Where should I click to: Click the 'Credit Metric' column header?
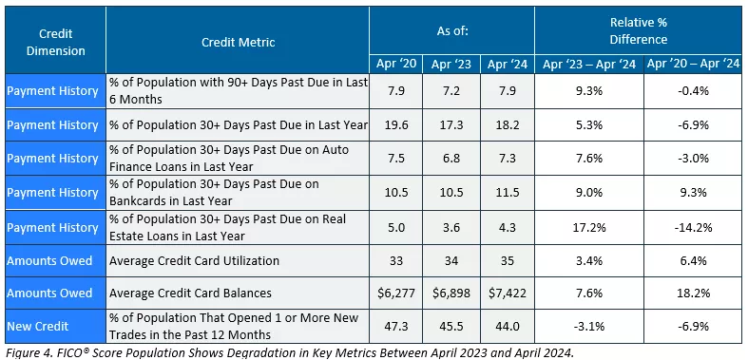237,43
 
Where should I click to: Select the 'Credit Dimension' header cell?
53,43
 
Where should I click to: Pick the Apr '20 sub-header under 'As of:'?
394,65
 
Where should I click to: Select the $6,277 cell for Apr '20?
394,293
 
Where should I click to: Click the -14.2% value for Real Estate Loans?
692,228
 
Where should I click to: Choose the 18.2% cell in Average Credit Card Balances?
692,293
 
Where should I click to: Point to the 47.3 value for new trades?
394,326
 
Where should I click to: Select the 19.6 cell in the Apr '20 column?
394,124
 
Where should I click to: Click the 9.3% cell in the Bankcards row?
692,193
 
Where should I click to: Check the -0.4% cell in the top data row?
692,91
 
